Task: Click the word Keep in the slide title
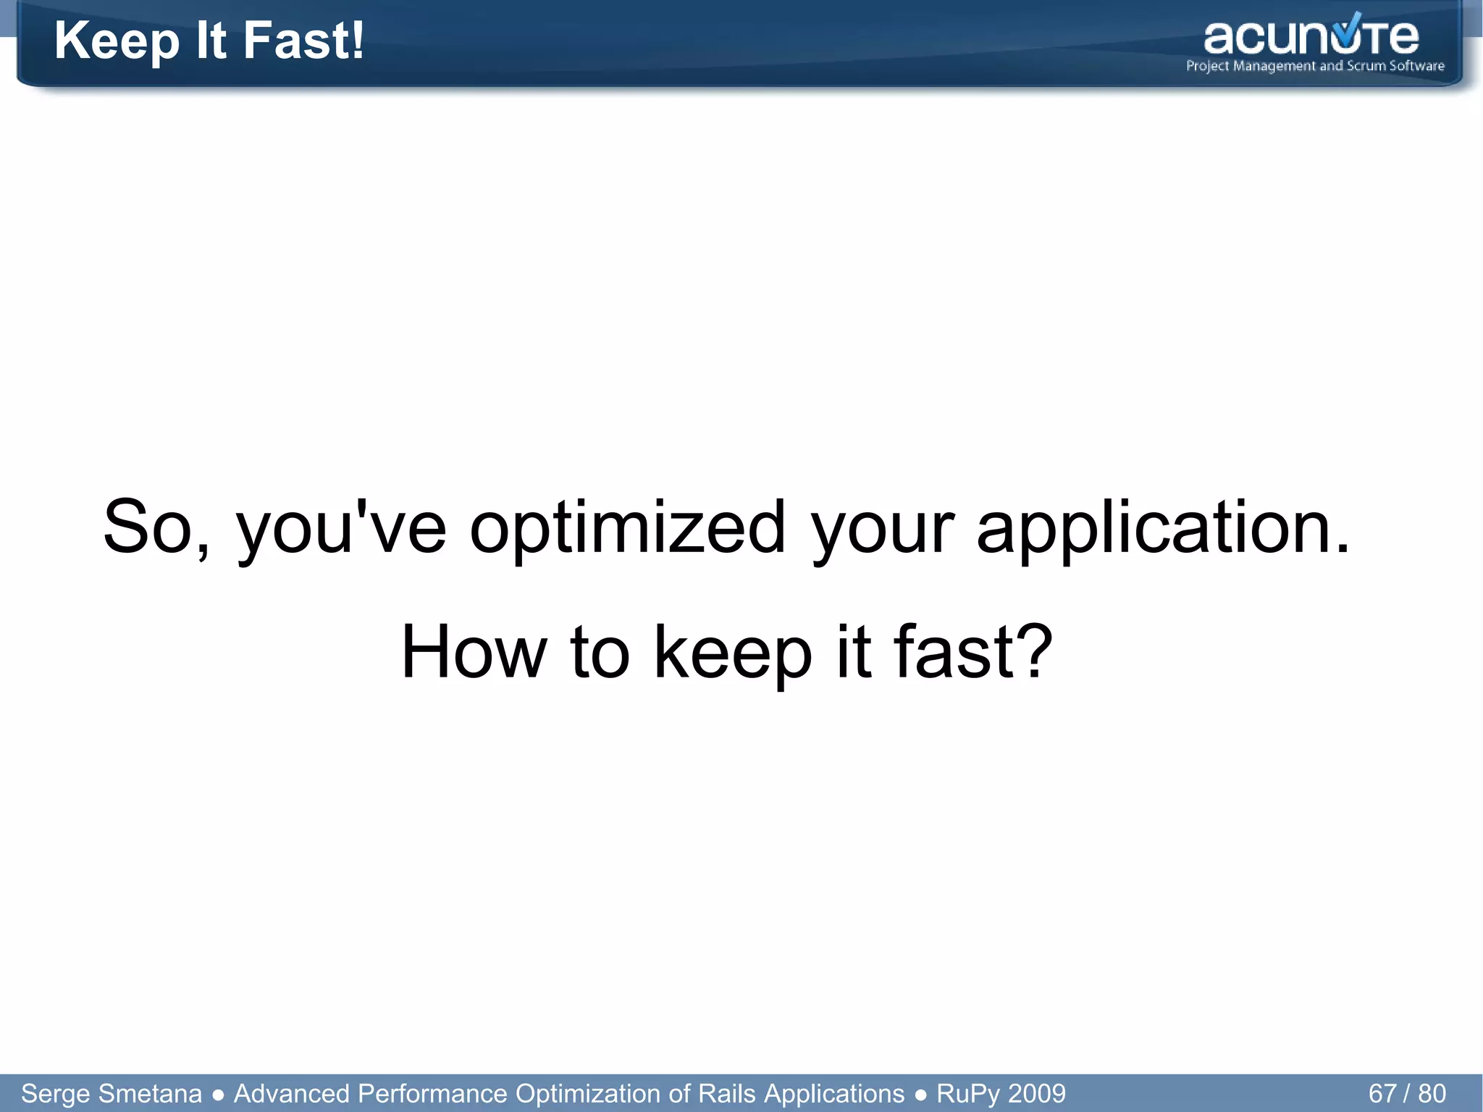click(x=117, y=42)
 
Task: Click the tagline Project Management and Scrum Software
click(x=1315, y=66)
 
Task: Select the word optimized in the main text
click(x=628, y=528)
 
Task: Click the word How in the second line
click(x=474, y=652)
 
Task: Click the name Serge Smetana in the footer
click(x=112, y=1093)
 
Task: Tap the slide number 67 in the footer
click(x=1382, y=1093)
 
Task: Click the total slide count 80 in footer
click(x=1432, y=1093)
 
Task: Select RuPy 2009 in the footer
click(x=1001, y=1093)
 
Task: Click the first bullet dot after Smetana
click(x=218, y=1094)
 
